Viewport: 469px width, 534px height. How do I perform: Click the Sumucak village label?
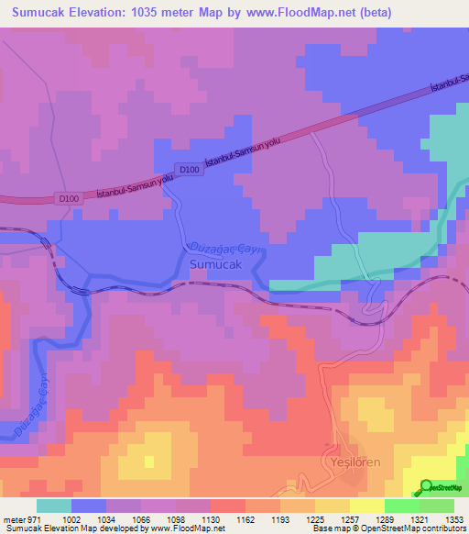[x=215, y=264]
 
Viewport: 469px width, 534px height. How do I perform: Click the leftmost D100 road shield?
[x=69, y=198]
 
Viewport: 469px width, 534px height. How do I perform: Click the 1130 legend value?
[x=209, y=519]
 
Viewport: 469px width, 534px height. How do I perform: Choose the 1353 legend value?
[x=454, y=519]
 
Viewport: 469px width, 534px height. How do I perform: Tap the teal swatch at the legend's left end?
[x=54, y=506]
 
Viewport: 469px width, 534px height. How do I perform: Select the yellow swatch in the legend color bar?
[x=367, y=506]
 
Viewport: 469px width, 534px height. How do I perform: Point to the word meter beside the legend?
[x=12, y=519]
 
